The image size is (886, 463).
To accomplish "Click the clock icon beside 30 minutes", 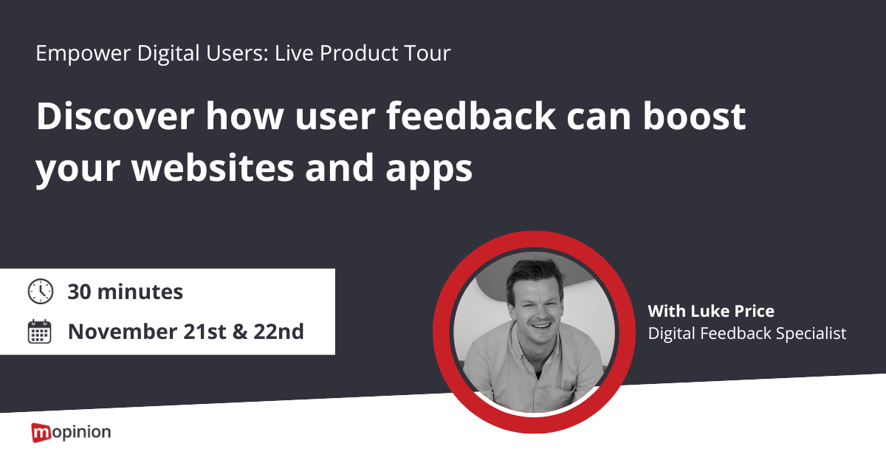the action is click(x=41, y=291).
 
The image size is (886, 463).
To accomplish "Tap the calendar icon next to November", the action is click(x=40, y=332).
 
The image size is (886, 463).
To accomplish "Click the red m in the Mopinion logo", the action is click(x=41, y=433).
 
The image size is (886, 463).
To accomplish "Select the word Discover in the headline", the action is click(x=115, y=117).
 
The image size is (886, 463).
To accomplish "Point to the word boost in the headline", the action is click(x=694, y=117).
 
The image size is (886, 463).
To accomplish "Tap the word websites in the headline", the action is click(x=213, y=168).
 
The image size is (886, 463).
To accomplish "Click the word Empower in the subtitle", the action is click(x=83, y=53).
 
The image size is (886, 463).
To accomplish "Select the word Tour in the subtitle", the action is click(x=427, y=52).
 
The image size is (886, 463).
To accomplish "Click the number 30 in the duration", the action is click(x=79, y=292).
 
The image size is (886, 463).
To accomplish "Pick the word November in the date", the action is click(x=123, y=332).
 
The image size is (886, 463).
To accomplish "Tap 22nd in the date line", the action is click(x=278, y=332).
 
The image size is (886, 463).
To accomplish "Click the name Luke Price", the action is click(x=732, y=311).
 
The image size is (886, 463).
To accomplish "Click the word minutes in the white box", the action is click(x=140, y=292).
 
